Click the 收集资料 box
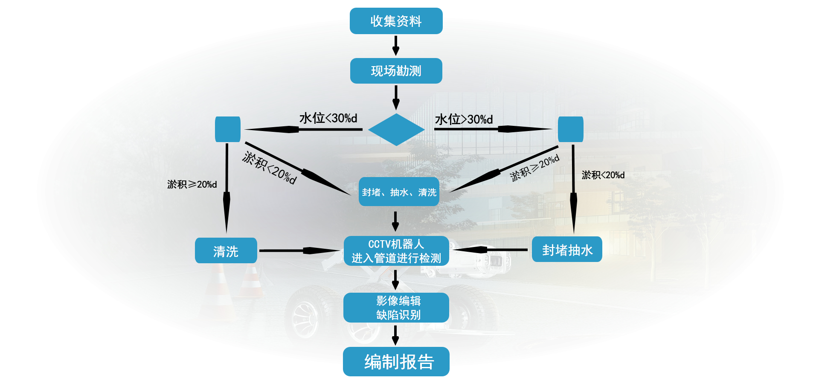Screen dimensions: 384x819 coord(396,21)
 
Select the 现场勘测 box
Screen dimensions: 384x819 coord(396,71)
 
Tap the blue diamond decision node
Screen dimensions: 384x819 coord(396,129)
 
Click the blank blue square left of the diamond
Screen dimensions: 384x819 coord(228,129)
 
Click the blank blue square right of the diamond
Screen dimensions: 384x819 coord(570,129)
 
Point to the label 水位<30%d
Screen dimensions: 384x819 coord(328,118)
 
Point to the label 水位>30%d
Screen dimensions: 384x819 coord(464,119)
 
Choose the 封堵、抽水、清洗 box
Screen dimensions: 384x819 coord(399,192)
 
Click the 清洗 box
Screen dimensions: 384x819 coord(226,251)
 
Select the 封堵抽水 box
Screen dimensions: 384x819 coord(567,250)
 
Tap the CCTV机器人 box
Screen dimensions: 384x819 coord(396,251)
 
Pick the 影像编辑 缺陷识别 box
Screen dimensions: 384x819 coord(396,308)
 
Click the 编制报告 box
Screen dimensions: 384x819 coord(396,362)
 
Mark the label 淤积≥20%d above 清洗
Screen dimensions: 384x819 coord(192,184)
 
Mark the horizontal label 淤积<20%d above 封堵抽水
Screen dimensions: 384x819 coord(603,175)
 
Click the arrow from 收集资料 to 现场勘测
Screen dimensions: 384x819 coord(396,46)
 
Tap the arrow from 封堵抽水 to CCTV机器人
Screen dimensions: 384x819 coord(491,250)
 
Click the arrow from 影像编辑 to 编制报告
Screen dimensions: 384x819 coord(395,335)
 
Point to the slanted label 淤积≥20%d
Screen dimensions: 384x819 coord(534,168)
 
